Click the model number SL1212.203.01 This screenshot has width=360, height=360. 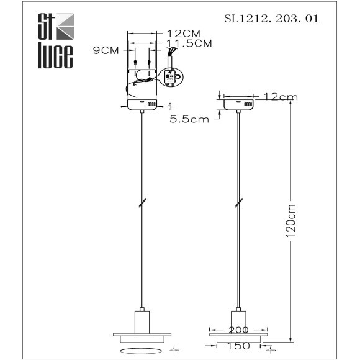coord(271,19)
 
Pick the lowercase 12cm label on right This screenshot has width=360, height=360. coord(281,97)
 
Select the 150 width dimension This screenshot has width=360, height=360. coord(238,346)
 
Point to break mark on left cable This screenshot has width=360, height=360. coord(143,202)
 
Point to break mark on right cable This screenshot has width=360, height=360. coord(239,202)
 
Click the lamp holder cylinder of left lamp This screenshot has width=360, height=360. coord(143,319)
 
